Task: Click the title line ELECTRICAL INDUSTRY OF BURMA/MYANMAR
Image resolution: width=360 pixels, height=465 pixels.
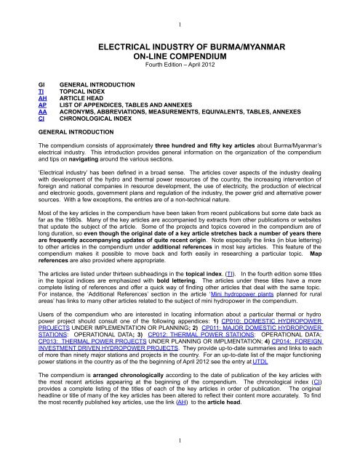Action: [180, 44]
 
